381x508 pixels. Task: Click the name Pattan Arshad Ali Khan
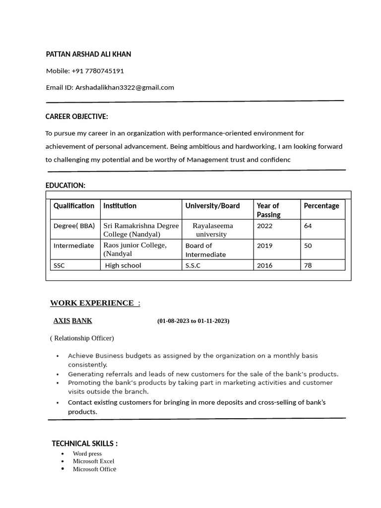click(x=88, y=54)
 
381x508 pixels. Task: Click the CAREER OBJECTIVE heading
click(x=76, y=117)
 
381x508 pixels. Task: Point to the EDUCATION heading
click(x=65, y=185)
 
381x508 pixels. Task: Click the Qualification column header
click(x=74, y=205)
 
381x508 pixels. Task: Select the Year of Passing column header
click(x=268, y=210)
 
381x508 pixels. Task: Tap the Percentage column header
click(x=321, y=205)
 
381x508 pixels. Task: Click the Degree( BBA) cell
click(x=74, y=226)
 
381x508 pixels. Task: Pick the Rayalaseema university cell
click(x=212, y=230)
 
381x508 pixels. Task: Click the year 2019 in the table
click(x=264, y=246)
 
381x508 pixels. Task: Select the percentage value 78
click(x=308, y=265)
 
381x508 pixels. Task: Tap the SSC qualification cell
click(x=59, y=265)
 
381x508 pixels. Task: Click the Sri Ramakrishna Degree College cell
click(x=141, y=230)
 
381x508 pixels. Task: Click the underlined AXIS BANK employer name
click(x=72, y=320)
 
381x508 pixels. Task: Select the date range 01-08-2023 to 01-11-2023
click(x=193, y=321)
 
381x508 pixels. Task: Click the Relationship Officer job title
click(x=82, y=338)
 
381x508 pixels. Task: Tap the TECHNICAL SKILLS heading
click(x=85, y=444)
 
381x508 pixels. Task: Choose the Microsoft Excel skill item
click(x=93, y=461)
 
